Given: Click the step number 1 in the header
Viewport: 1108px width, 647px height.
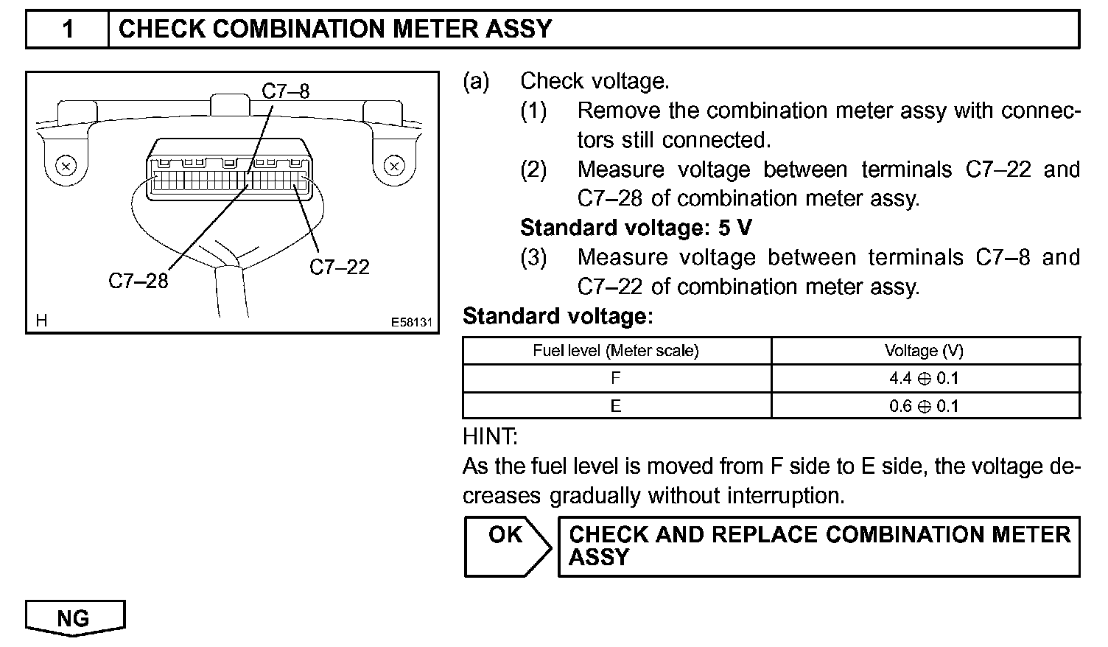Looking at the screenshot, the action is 68,29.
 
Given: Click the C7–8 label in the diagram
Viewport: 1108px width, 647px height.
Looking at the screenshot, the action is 286,91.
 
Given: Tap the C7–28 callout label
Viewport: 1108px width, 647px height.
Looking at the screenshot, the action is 138,281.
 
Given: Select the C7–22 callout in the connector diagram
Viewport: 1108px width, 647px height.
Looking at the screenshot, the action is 340,267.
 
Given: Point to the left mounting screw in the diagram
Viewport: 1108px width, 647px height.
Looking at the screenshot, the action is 66,166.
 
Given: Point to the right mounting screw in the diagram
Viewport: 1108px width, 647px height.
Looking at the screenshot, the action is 394,166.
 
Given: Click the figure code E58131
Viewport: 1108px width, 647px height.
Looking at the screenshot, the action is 411,323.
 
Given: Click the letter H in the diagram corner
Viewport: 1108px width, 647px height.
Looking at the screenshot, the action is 41,321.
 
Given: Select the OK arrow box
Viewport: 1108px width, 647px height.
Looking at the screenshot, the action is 507,546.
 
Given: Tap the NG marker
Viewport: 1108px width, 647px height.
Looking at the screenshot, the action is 74,618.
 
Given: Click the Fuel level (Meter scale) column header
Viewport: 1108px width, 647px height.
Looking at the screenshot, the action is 616,351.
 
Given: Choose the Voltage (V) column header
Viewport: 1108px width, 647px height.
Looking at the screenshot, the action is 924,351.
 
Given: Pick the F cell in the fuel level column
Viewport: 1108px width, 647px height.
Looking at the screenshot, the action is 616,378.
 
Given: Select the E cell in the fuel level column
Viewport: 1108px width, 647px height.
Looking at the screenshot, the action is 616,406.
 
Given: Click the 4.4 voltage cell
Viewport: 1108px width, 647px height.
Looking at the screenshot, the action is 924,378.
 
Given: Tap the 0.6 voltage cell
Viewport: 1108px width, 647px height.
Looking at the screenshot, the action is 924,406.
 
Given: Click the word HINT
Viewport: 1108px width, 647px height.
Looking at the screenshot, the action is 490,437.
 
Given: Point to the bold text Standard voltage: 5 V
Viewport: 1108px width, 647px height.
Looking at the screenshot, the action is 636,228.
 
